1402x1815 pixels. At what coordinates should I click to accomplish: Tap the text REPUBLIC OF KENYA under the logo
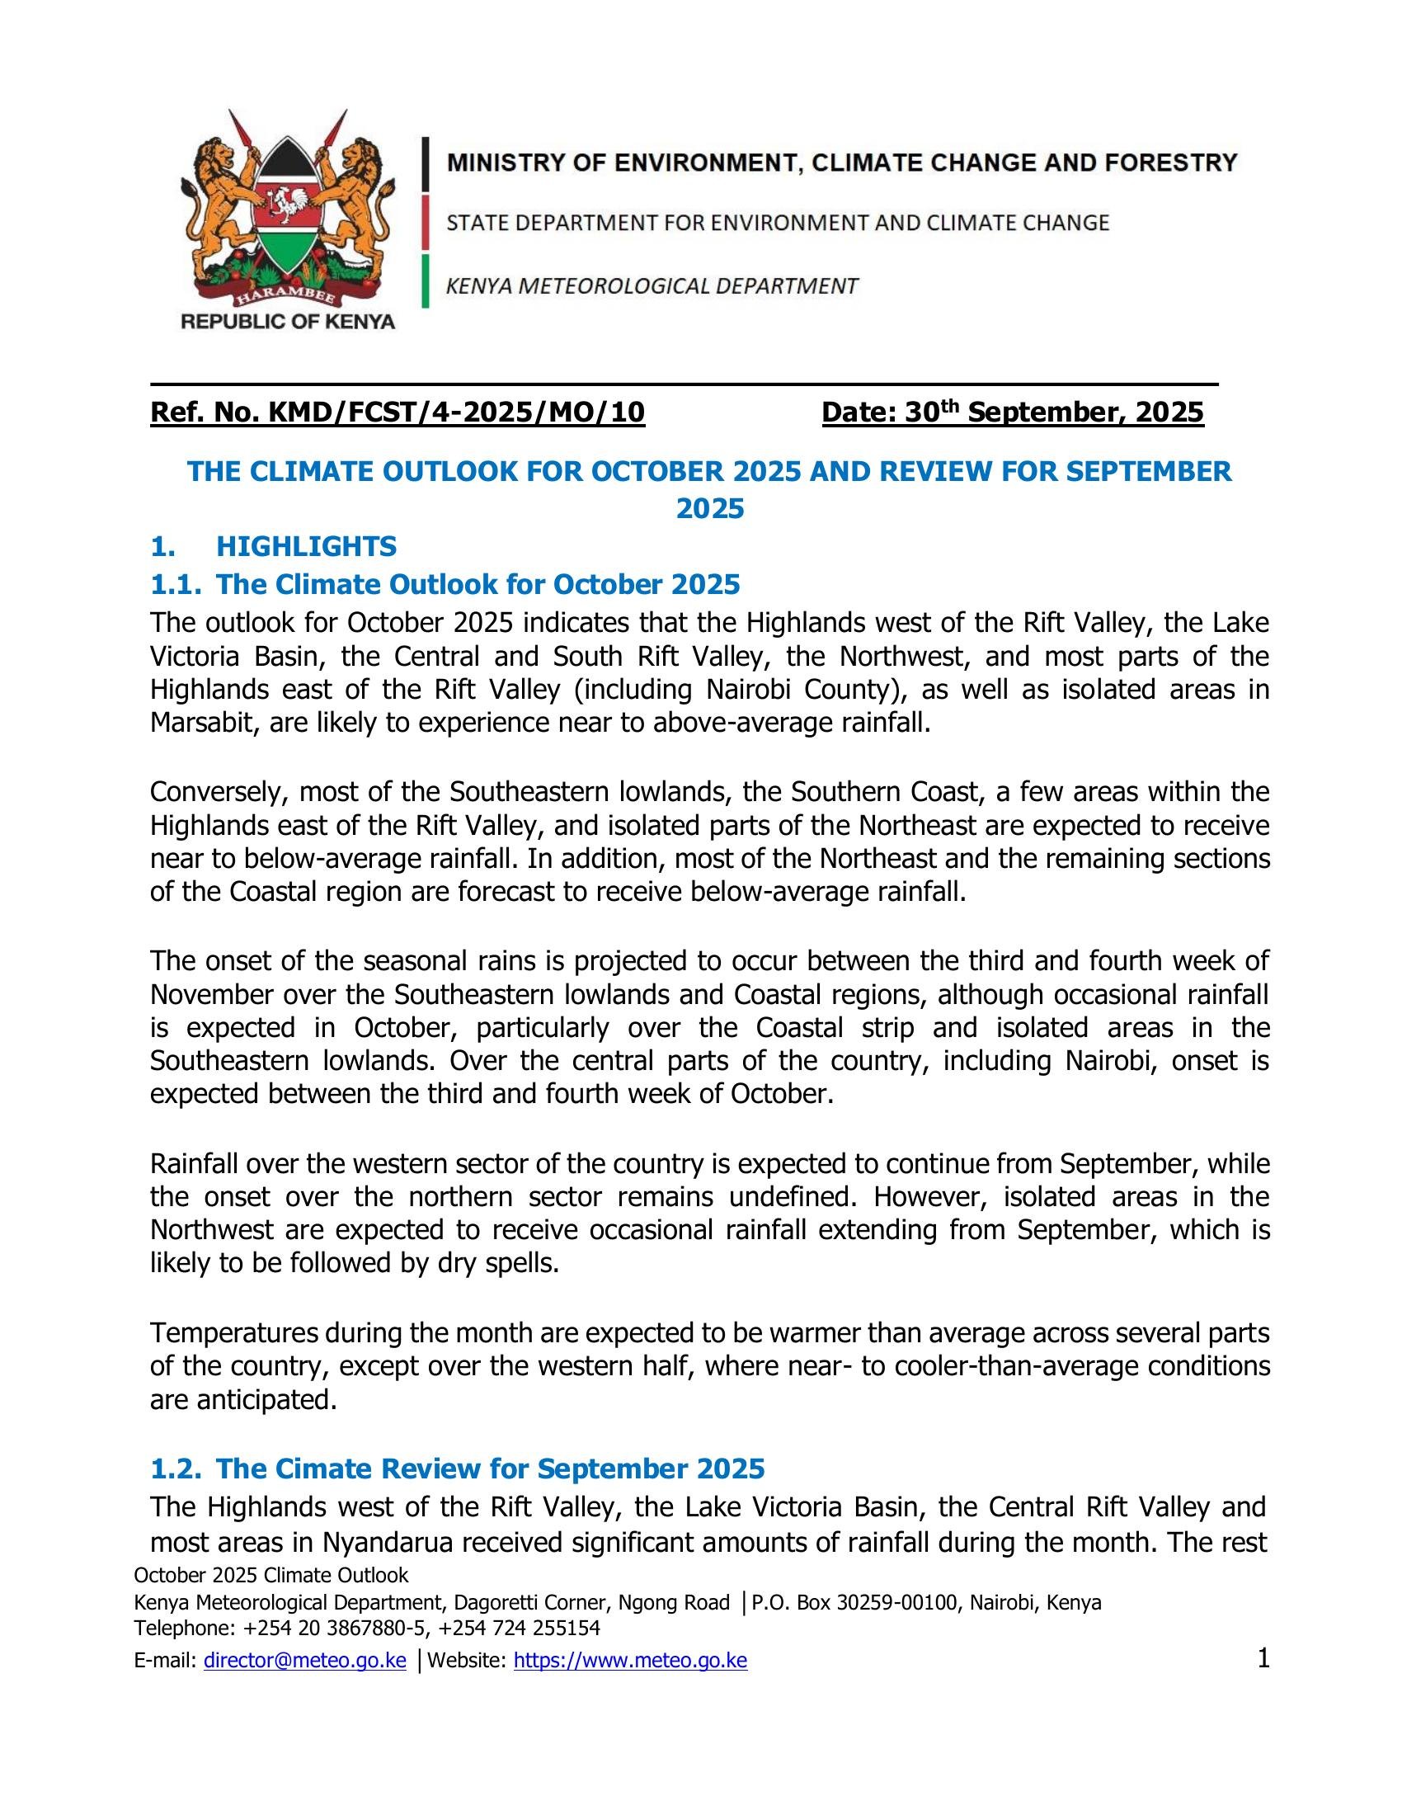[x=288, y=322]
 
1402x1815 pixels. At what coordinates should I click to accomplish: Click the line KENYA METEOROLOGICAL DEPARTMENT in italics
[x=652, y=286]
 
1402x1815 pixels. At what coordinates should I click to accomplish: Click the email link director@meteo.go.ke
[x=305, y=1662]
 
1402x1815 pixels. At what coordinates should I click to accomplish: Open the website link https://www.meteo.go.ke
[x=630, y=1662]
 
